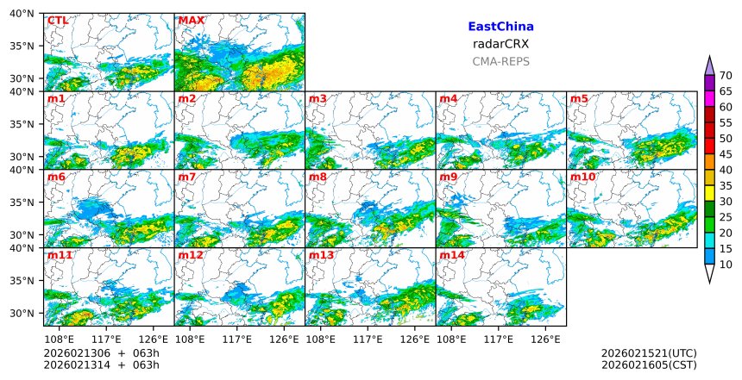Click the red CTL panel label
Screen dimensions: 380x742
coord(58,21)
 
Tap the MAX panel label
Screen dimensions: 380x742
coord(192,21)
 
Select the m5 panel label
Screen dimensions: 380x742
coord(579,99)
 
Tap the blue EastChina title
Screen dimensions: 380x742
coord(500,27)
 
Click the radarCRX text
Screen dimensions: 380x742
coord(500,44)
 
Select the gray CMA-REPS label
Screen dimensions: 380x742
coord(500,61)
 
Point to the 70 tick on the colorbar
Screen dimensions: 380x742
coord(726,76)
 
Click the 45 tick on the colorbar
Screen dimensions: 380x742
coord(726,154)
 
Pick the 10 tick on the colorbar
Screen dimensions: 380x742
coord(726,265)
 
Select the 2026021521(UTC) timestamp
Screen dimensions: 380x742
coord(649,353)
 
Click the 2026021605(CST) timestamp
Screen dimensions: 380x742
coord(649,365)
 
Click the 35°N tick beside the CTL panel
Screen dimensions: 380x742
coord(27,47)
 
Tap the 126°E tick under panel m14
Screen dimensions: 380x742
coord(545,339)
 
